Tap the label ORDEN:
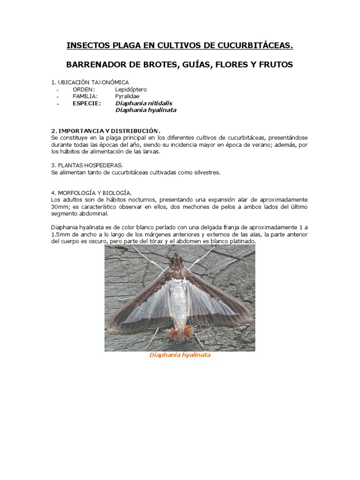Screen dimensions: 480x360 [x=84, y=89]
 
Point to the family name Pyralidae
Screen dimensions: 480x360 [x=127, y=96]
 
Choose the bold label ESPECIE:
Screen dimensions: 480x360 [x=87, y=103]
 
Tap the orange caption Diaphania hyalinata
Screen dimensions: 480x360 [x=180, y=355]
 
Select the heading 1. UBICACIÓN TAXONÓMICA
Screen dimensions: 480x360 [x=90, y=82]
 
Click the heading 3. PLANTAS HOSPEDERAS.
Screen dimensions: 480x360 [x=87, y=165]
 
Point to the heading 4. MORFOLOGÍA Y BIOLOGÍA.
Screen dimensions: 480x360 [x=91, y=193]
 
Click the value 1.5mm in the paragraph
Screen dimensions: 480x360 [x=61, y=234]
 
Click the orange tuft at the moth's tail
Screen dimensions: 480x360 [x=179, y=333]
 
